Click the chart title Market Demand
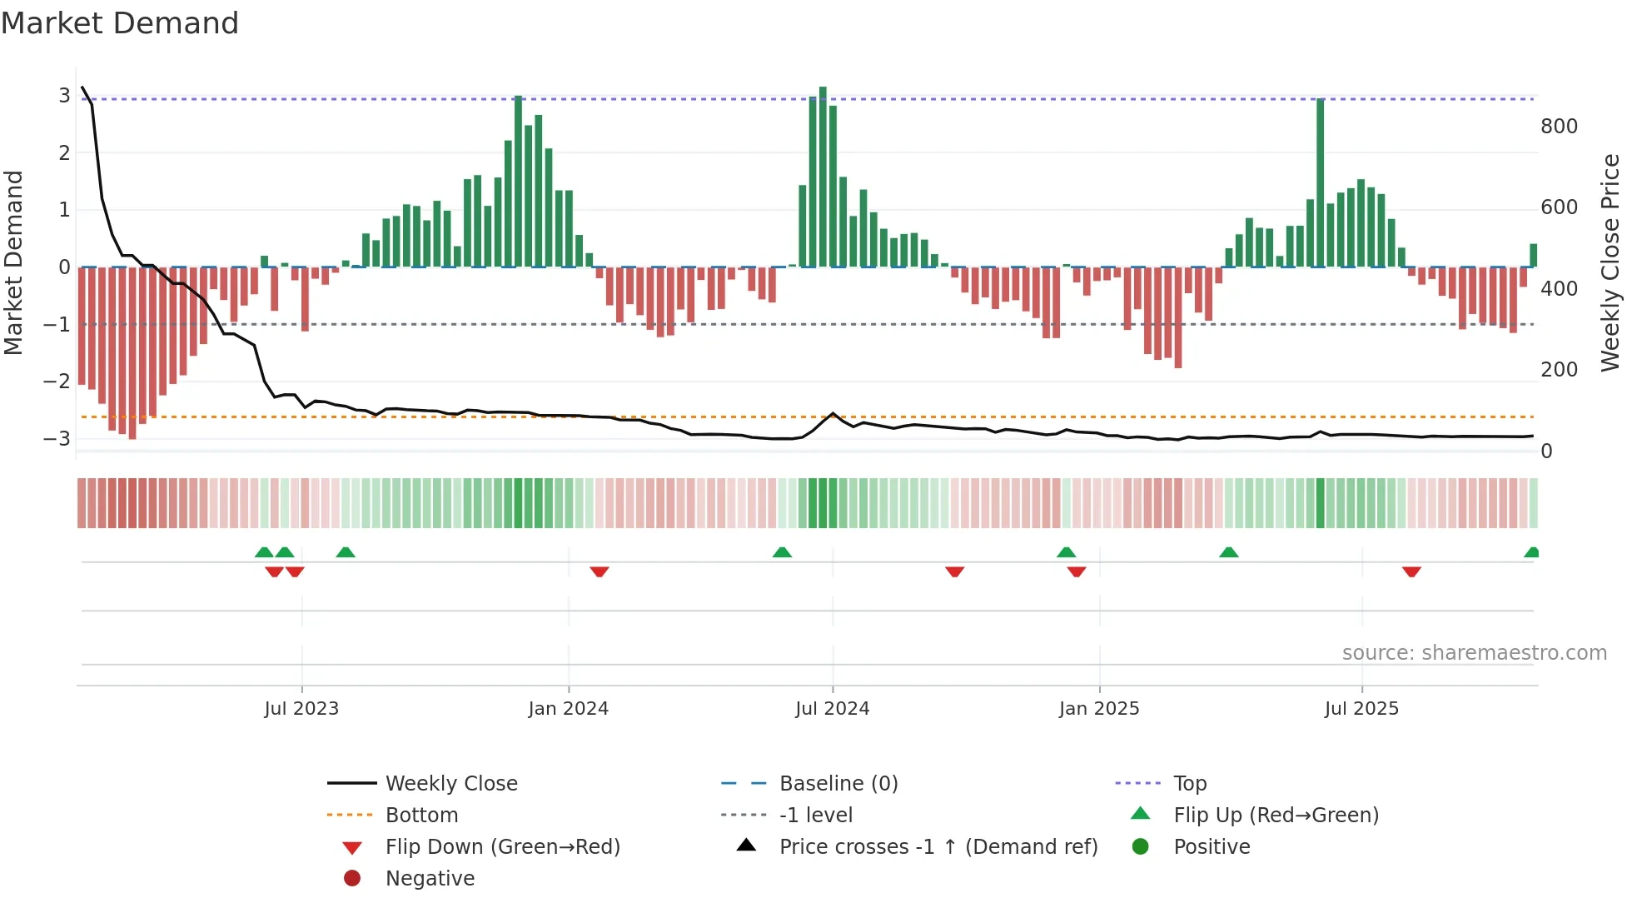120,23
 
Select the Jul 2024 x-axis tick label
832,709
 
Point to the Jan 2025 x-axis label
1098,709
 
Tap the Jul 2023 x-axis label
301,709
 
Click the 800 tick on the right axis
1559,127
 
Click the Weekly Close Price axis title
1610,262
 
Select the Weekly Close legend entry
450,784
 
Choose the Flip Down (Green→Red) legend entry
502,847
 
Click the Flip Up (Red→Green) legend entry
1276,816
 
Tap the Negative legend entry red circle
352,879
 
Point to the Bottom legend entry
421,816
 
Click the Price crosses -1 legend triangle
747,846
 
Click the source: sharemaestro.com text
1474,653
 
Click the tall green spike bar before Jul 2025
1321,183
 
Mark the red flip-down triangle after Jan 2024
600,571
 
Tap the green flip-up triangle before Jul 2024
782,552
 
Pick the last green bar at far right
1533,255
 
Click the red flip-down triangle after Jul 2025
1411,571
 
